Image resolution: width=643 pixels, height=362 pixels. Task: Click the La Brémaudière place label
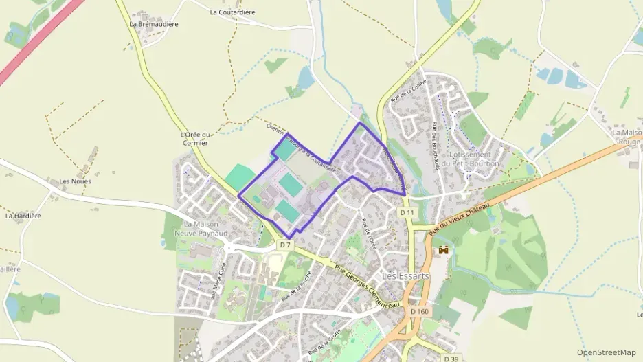tap(154, 24)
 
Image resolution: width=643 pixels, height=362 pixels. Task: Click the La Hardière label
tap(23, 216)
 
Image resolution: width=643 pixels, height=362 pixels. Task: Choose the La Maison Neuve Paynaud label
tap(205, 229)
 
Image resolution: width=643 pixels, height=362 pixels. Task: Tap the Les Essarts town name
tap(405, 276)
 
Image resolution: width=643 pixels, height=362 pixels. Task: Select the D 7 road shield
tap(286, 245)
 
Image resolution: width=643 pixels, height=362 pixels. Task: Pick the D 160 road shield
tap(419, 311)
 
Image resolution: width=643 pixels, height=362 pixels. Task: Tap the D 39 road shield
tap(451, 358)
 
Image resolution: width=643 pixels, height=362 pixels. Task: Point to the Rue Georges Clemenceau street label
tap(364, 286)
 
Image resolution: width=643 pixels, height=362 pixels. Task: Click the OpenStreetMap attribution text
tap(606, 352)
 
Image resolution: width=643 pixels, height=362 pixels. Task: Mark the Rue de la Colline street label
tap(409, 91)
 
